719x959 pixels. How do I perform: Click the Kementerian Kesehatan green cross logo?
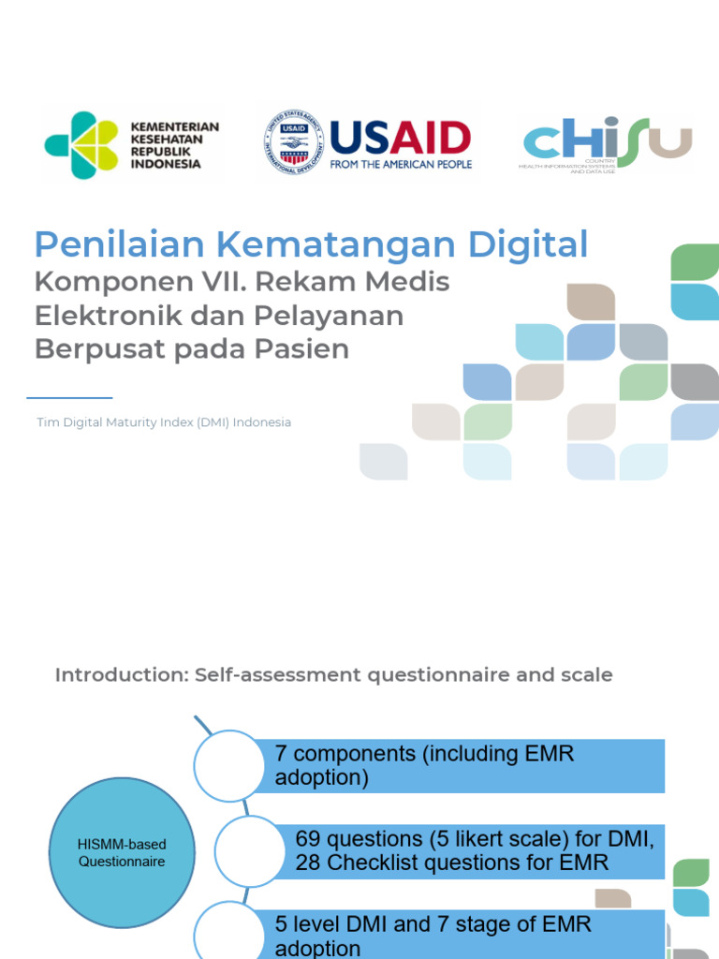pos(81,145)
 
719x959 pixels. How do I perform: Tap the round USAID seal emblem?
pos(293,141)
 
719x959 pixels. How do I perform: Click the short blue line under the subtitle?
pos(69,398)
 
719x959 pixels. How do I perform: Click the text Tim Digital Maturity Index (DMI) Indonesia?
pos(164,422)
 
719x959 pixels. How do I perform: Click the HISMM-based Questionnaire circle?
pos(122,853)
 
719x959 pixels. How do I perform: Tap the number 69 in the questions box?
pos(308,838)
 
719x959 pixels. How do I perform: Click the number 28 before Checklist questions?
pos(308,863)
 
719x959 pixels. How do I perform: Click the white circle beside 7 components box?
pos(229,765)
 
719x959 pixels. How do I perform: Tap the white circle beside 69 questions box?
pos(250,850)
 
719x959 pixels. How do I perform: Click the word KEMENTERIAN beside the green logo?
pos(174,126)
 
